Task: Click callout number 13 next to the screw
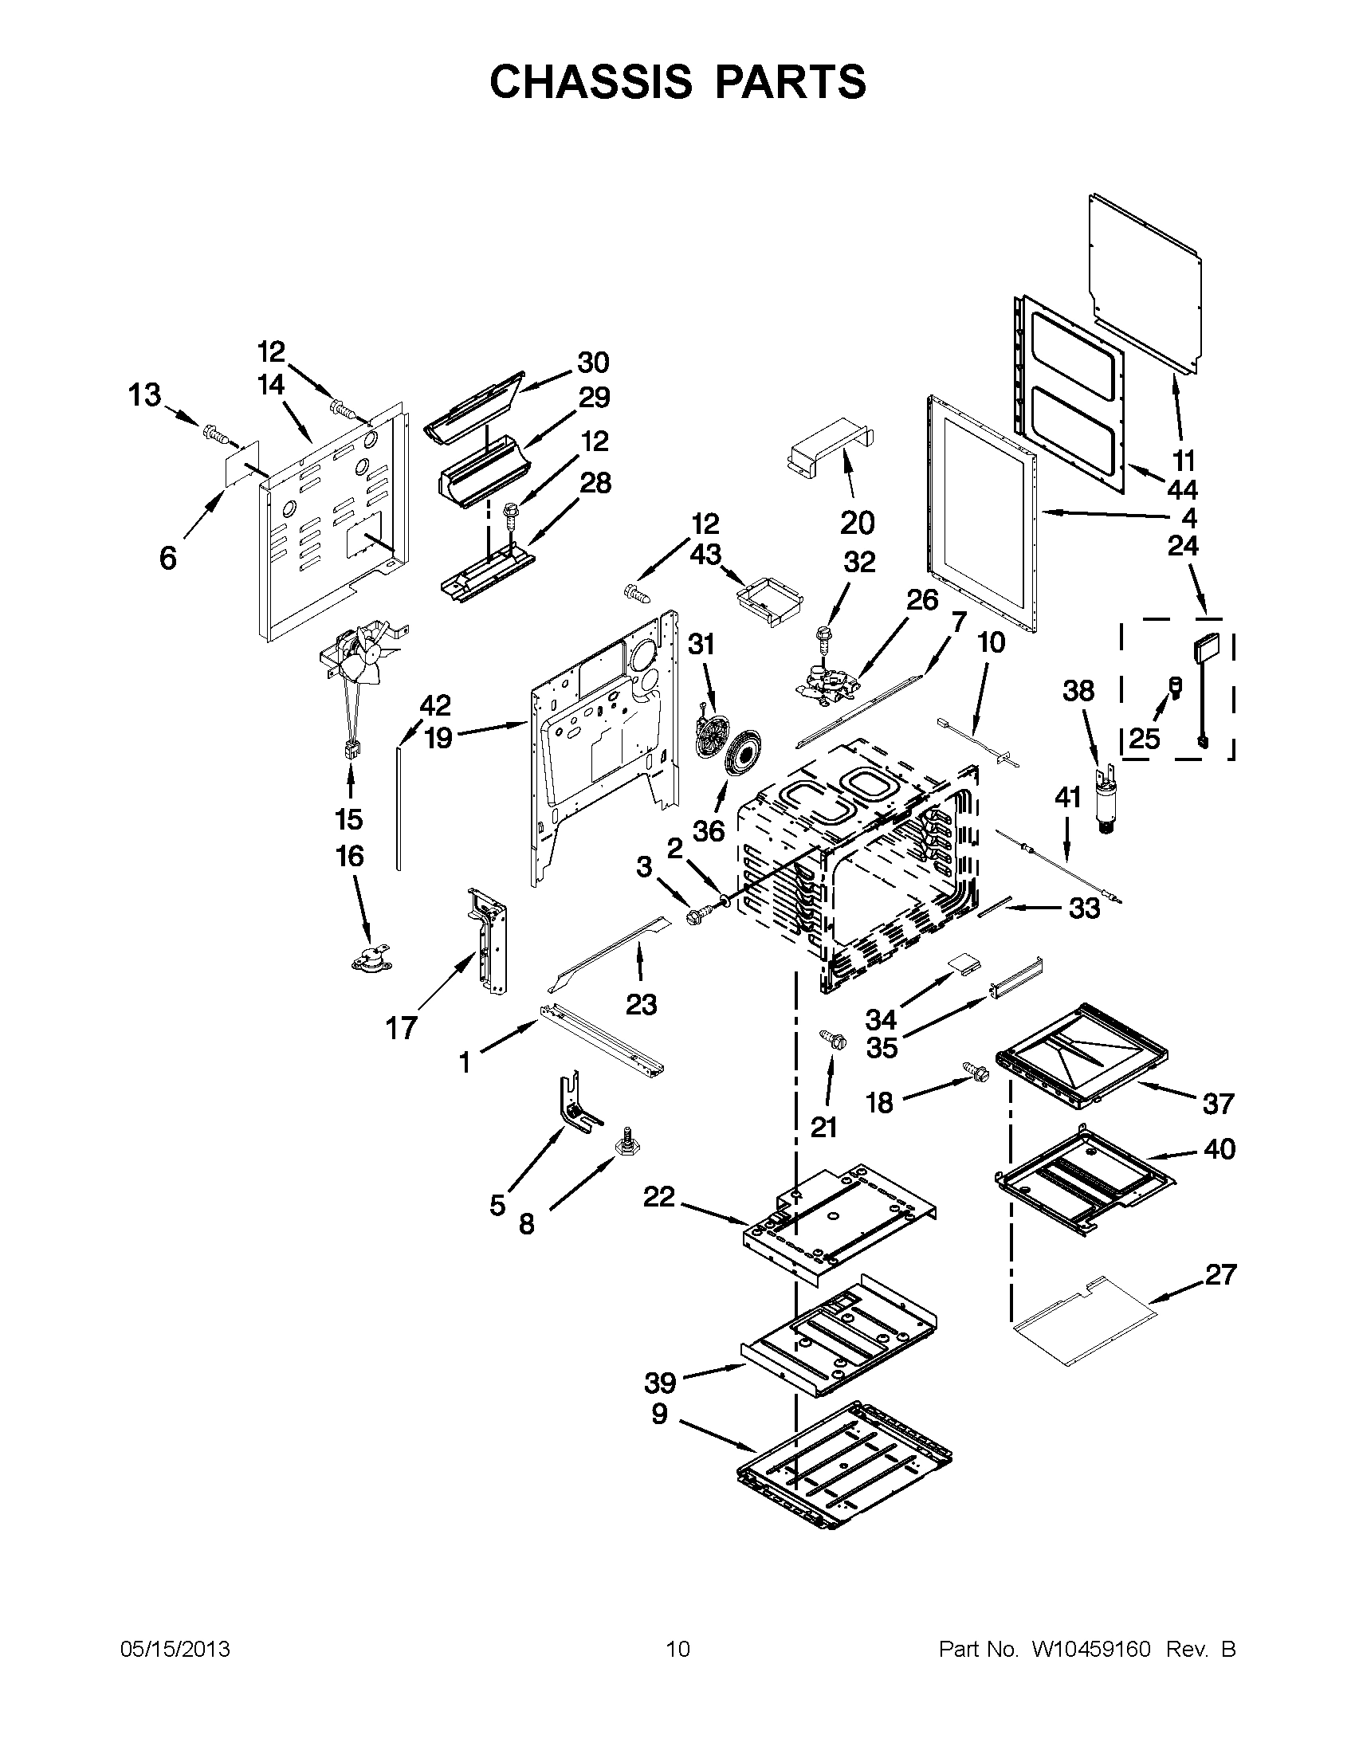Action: [x=145, y=395]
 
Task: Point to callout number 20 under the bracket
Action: [x=857, y=523]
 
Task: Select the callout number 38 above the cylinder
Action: [x=1078, y=691]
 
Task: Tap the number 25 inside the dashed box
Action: [x=1145, y=738]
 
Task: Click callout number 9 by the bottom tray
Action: [x=658, y=1413]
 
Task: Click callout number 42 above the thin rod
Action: [x=435, y=706]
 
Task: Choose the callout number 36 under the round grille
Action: [x=709, y=831]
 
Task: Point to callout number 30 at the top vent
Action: [x=594, y=363]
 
